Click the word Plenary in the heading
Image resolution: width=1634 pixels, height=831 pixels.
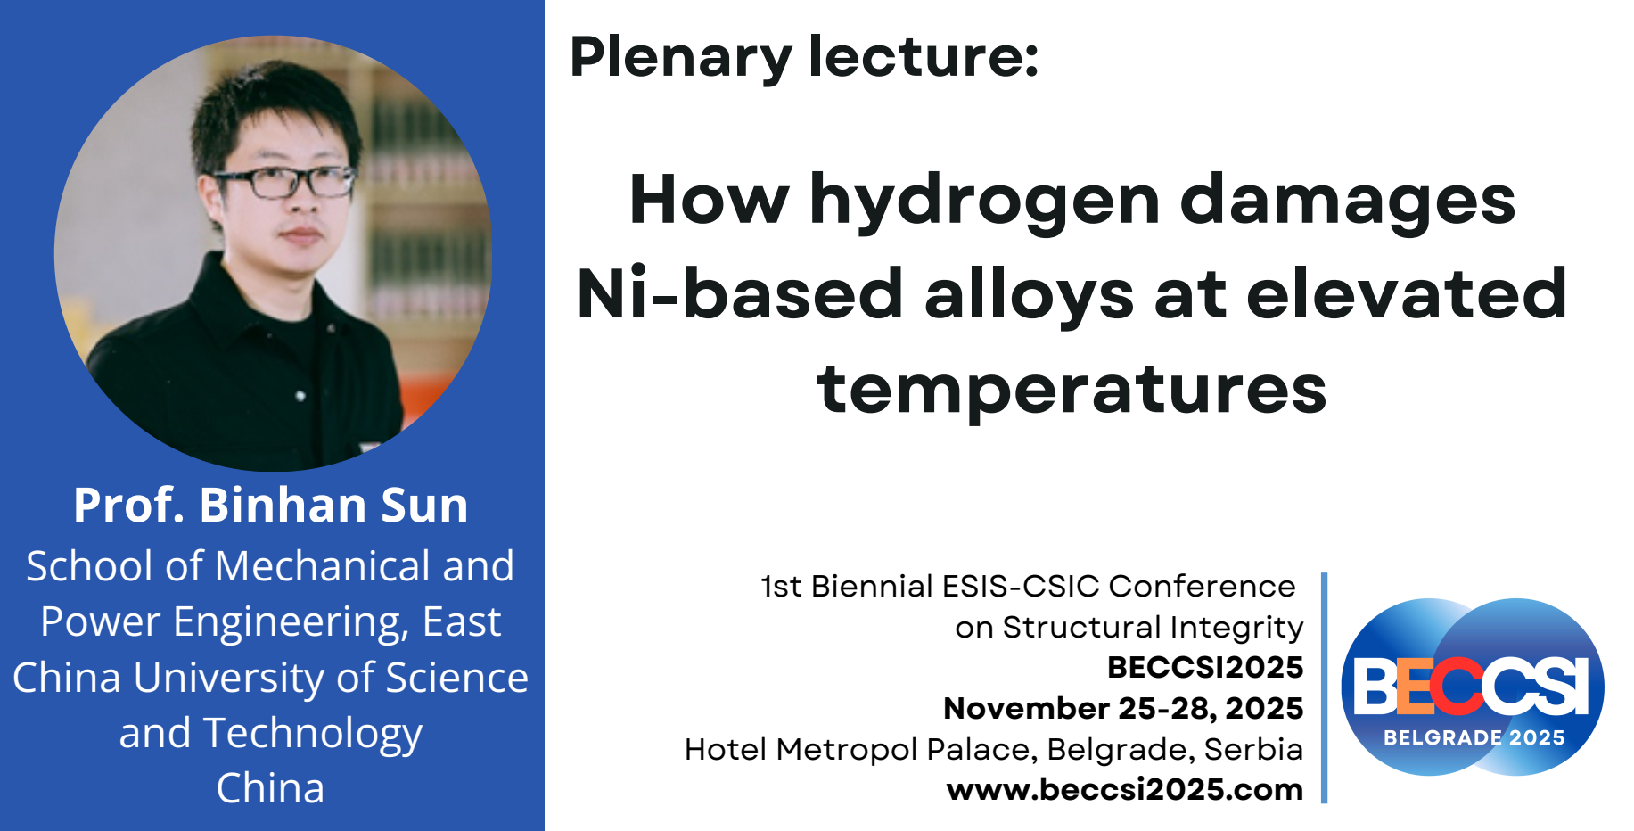[x=681, y=57]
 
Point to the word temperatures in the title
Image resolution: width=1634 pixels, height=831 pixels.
[x=1072, y=391]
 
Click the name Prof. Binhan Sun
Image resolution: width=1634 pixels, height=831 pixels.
[x=271, y=505]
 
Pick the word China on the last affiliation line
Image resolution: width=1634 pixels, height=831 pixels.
[x=271, y=788]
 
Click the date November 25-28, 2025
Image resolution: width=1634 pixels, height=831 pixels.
[x=1123, y=708]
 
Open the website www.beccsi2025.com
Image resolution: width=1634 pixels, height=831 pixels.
[x=1125, y=789]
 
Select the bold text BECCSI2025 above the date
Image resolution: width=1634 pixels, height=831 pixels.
[x=1205, y=667]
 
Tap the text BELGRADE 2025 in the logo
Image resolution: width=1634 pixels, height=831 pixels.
[x=1474, y=737]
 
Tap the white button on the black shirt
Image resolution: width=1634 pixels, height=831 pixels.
[x=300, y=395]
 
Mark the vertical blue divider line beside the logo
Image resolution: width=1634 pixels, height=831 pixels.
[x=1324, y=687]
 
